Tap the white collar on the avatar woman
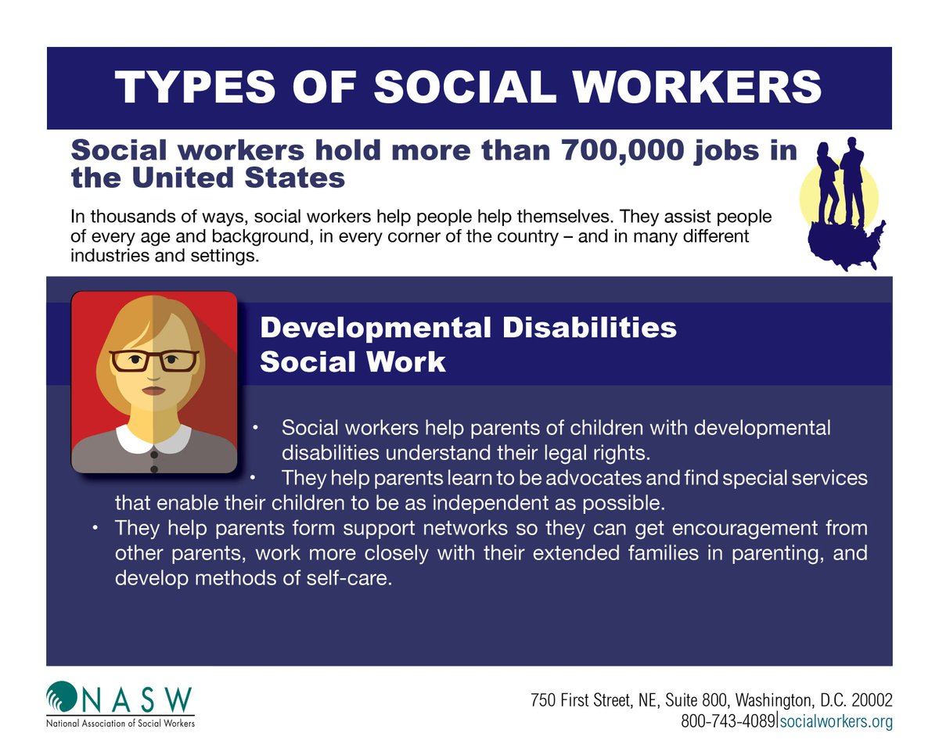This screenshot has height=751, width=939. click(153, 437)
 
